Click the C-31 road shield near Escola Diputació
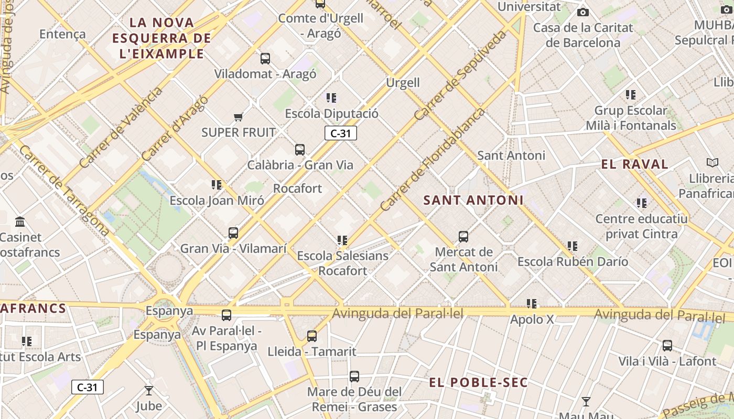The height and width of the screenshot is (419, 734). coord(341,134)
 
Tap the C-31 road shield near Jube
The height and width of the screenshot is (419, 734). coord(88,388)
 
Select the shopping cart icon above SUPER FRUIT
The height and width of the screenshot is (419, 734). coord(239,117)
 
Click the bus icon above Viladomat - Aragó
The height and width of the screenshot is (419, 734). coord(265,59)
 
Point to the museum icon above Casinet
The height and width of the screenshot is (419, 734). coord(20,222)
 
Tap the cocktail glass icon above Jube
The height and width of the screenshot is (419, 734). coord(149,391)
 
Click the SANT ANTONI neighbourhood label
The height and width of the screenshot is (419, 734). coord(473,200)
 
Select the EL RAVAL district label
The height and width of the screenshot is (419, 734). coord(634,164)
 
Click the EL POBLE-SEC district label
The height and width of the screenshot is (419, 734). coord(478,383)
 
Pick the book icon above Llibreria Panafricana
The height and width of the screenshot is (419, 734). coord(712,163)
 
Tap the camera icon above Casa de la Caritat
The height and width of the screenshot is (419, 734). coord(582,12)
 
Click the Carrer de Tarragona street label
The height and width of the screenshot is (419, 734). coord(64,191)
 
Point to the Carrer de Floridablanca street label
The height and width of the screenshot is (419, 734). coord(433,160)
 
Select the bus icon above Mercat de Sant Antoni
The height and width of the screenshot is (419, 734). coord(463,237)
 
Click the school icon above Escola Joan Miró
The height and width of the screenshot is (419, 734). coord(217,185)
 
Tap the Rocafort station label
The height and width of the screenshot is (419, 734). coord(297,188)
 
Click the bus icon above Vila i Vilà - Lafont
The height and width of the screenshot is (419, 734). coord(667,346)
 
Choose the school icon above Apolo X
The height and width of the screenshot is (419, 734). coord(532,304)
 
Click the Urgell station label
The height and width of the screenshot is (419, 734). coord(403,82)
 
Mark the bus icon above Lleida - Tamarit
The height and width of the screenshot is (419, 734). coord(312,336)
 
